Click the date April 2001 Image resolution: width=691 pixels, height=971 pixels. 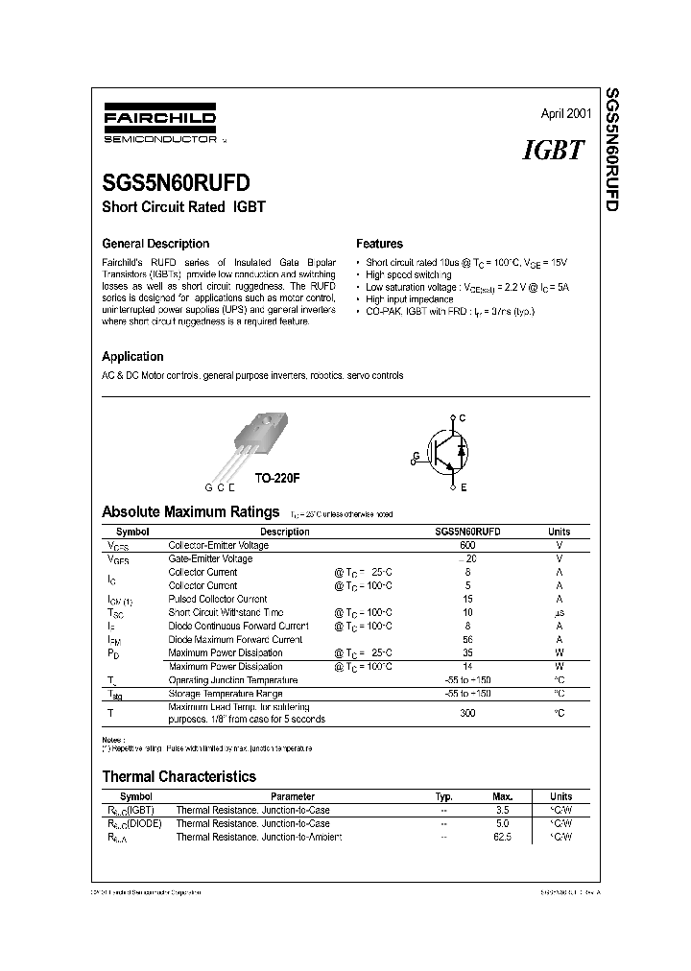[x=565, y=113]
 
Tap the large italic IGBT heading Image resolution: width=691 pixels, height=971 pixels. [x=554, y=150]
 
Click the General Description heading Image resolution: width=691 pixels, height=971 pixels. [x=155, y=244]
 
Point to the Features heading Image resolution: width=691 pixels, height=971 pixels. [x=379, y=244]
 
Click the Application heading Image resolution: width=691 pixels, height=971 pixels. [x=132, y=356]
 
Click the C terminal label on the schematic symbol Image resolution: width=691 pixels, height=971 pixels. [x=463, y=418]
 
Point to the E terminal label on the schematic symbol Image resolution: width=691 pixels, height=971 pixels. [x=463, y=487]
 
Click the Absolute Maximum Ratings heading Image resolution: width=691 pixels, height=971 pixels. [x=190, y=511]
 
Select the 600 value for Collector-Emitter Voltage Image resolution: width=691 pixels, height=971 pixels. [x=467, y=545]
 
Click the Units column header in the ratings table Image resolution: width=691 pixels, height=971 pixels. [x=559, y=532]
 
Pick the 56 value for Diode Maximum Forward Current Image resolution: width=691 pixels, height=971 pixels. [x=467, y=639]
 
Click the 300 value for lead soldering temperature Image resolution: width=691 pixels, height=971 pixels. [x=467, y=713]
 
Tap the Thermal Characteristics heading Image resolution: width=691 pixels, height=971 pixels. [x=179, y=776]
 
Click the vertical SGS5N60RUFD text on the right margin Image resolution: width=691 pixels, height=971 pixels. [x=611, y=151]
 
